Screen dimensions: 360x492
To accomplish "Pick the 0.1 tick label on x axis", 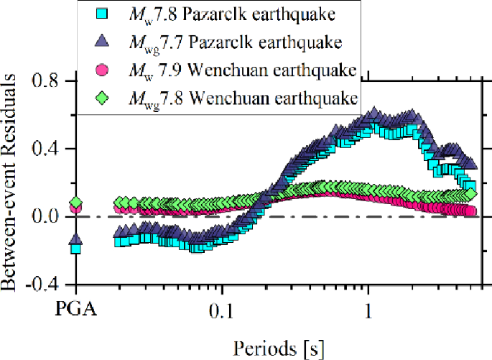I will pos(222,312).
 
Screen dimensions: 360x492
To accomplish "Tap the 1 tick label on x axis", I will pos(368,312).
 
